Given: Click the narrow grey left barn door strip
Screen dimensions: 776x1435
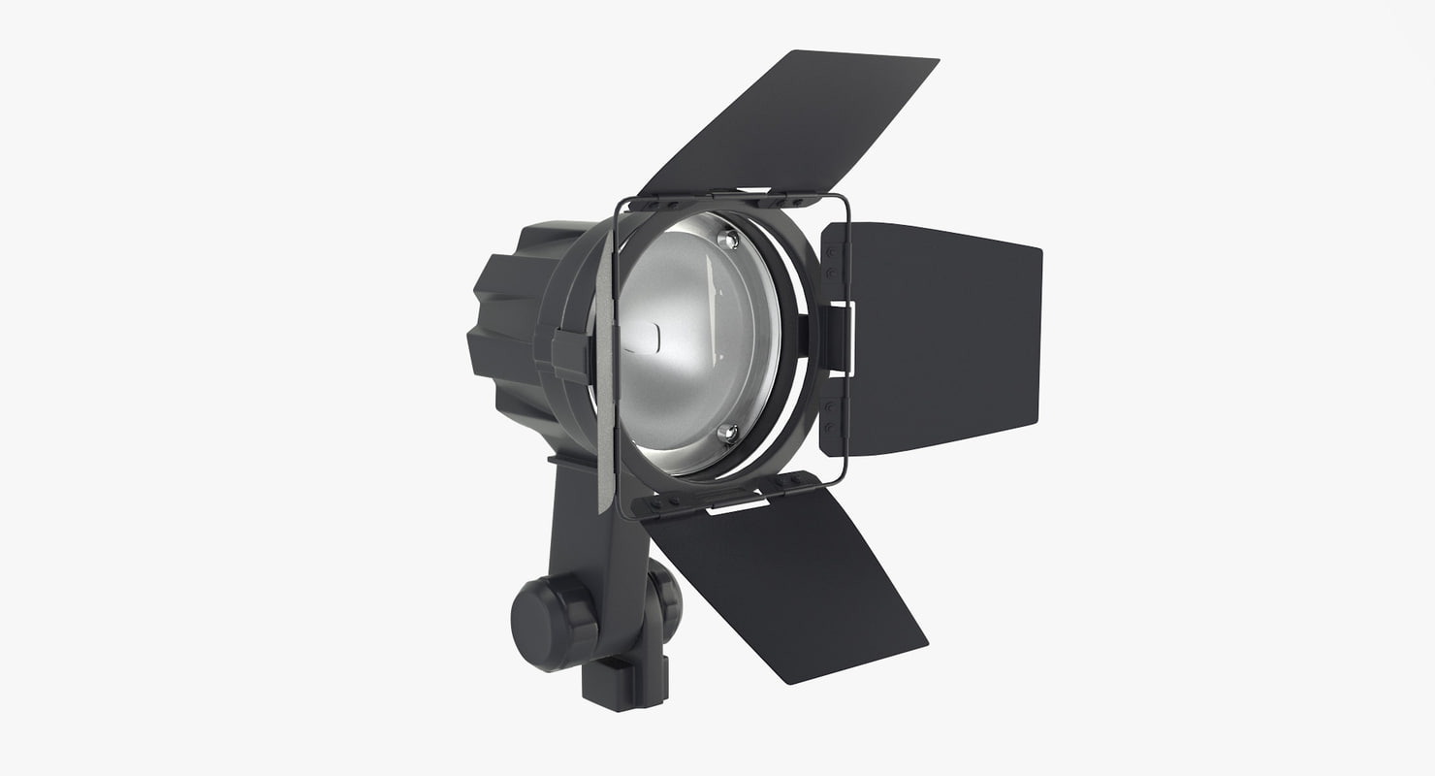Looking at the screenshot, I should tap(604, 388).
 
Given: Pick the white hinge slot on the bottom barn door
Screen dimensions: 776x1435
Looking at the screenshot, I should tap(738, 504).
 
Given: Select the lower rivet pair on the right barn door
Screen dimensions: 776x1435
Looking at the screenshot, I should tap(830, 415).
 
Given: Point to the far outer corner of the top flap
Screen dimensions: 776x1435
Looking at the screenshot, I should tap(937, 61).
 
